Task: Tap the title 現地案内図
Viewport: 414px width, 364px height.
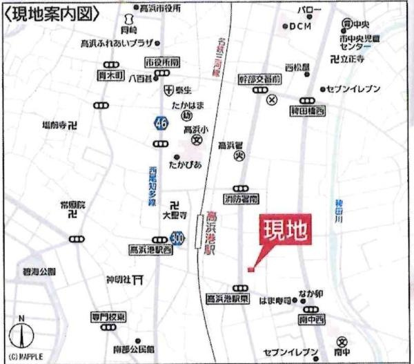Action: [52, 12]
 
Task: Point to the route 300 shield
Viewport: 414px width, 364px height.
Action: [178, 238]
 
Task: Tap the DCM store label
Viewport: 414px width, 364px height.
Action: [300, 27]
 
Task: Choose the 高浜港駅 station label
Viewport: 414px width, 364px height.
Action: [211, 235]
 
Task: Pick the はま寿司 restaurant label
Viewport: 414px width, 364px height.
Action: [275, 300]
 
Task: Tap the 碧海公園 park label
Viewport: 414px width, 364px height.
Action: [38, 272]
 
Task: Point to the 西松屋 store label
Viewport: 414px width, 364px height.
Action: [297, 68]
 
